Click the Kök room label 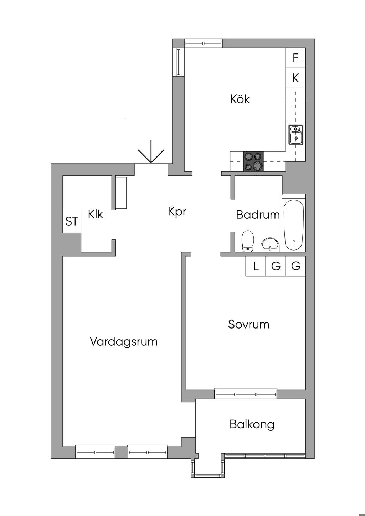(240, 99)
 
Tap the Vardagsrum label (123, 341)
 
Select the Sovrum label (248, 324)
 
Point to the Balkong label (252, 424)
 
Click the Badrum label (258, 215)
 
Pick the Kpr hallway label (177, 212)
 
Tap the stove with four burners (254, 161)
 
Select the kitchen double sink (296, 134)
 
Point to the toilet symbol (248, 241)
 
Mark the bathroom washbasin (271, 244)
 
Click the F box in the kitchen (295, 58)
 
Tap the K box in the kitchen (295, 78)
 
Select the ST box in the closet (72, 222)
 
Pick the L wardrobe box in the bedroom (256, 266)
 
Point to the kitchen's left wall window (179, 62)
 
